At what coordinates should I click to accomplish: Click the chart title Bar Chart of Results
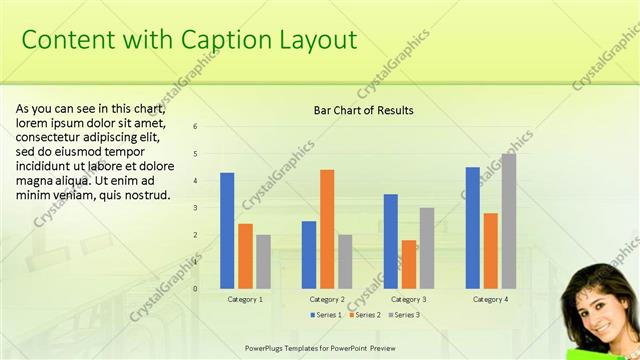(363, 110)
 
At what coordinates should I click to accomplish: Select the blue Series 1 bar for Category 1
(227, 230)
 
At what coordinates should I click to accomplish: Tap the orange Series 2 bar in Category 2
(327, 229)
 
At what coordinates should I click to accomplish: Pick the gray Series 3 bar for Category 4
(509, 221)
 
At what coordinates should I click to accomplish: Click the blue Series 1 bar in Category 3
(391, 241)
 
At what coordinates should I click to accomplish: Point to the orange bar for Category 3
(409, 264)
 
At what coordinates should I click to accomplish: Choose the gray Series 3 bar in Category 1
(263, 261)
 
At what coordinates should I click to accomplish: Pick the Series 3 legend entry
(402, 315)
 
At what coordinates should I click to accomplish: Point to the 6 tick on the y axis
(196, 126)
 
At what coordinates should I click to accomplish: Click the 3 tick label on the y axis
(196, 207)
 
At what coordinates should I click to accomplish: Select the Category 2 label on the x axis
(327, 299)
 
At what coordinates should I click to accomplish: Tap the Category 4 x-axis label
(490, 299)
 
